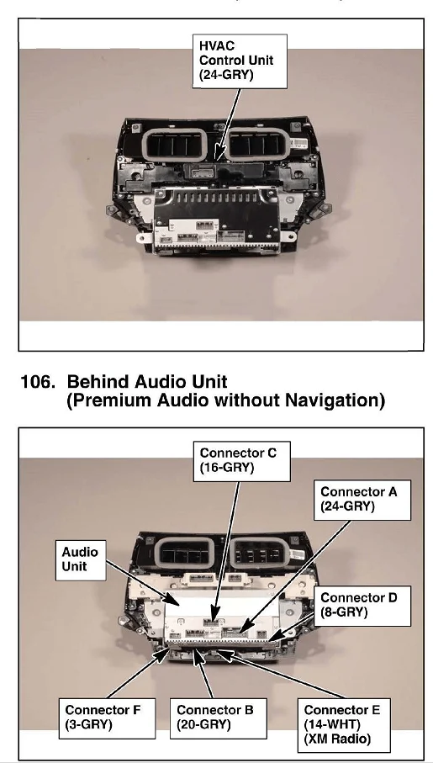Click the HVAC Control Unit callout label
pos(240,61)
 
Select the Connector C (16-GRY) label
pos(242,461)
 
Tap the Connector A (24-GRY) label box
pos(362,500)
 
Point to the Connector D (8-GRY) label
pos(362,606)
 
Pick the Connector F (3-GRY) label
pos(107,718)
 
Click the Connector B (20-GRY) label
pos(218,718)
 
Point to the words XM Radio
pos(337,739)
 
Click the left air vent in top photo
pos(177,144)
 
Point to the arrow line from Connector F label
pos(136,674)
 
